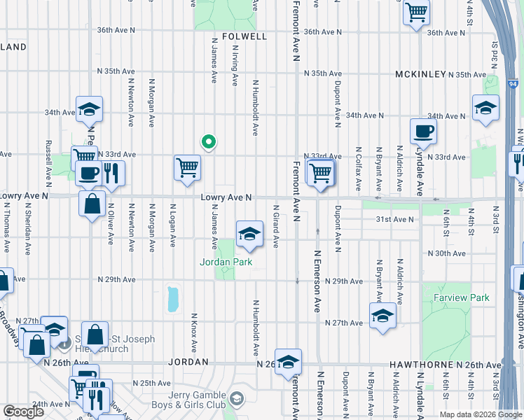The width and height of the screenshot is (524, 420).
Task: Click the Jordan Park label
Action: tap(224, 262)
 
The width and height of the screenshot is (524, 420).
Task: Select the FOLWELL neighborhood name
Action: tap(244, 36)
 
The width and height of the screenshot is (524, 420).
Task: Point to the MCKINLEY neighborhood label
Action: tap(420, 73)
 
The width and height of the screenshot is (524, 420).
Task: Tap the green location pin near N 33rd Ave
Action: tap(208, 142)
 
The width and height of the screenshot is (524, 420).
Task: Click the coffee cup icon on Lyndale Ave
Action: tap(422, 131)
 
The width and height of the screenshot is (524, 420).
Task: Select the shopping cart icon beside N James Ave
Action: tap(187, 167)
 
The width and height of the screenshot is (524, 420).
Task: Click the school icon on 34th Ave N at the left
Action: tap(89, 109)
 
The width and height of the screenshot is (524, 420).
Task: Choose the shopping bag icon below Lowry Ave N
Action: tap(92, 204)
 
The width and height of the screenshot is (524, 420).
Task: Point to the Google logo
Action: tap(23, 412)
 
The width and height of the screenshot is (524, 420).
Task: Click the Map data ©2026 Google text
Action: tap(481, 414)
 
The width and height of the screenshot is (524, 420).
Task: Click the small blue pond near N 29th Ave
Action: tap(172, 299)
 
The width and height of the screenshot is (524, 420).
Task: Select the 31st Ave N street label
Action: tap(395, 219)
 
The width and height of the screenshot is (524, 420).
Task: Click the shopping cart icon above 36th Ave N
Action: tap(416, 12)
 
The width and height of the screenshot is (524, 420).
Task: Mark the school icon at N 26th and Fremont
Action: tap(288, 361)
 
